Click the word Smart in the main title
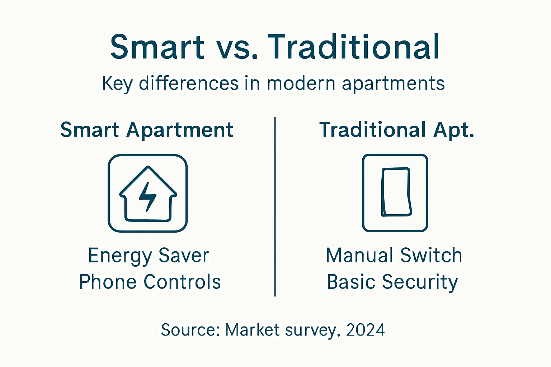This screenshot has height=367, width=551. pyautogui.click(x=157, y=47)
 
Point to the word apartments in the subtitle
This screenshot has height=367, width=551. pyautogui.click(x=393, y=84)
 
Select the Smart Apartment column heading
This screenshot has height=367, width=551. pyautogui.click(x=147, y=130)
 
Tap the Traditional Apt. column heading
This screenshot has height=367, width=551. pyautogui.click(x=397, y=130)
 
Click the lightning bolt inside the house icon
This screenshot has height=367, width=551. pyautogui.click(x=147, y=196)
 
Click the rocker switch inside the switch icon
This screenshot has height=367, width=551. pyautogui.click(x=396, y=192)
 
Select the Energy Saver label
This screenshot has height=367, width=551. pyautogui.click(x=149, y=256)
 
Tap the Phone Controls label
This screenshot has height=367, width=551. pyautogui.click(x=150, y=282)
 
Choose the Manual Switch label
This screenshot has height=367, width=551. pyautogui.click(x=394, y=256)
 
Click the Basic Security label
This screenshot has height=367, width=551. pyautogui.click(x=392, y=282)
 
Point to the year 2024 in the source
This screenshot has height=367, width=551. pyautogui.click(x=365, y=330)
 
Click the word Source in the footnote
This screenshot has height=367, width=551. pyautogui.click(x=190, y=330)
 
